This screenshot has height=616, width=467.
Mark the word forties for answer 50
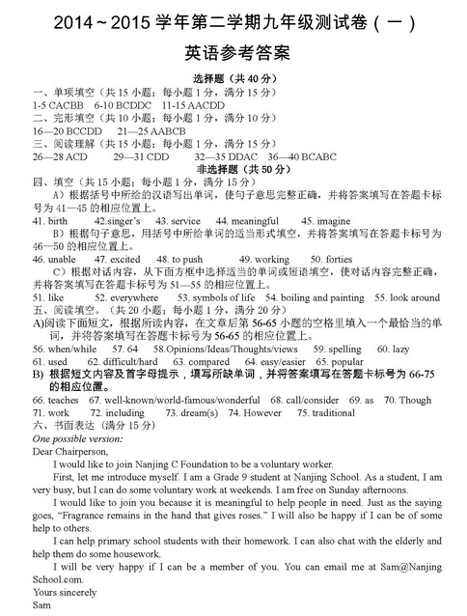338,260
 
